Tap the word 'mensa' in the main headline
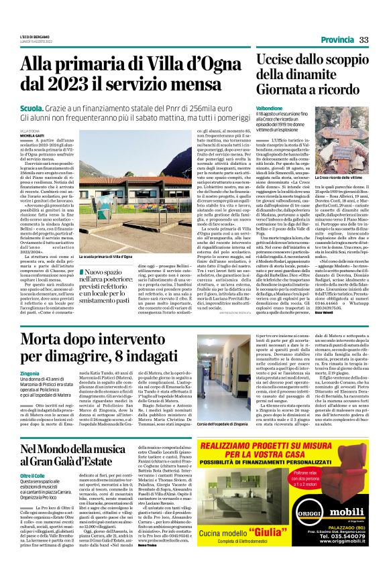(x=213, y=85)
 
